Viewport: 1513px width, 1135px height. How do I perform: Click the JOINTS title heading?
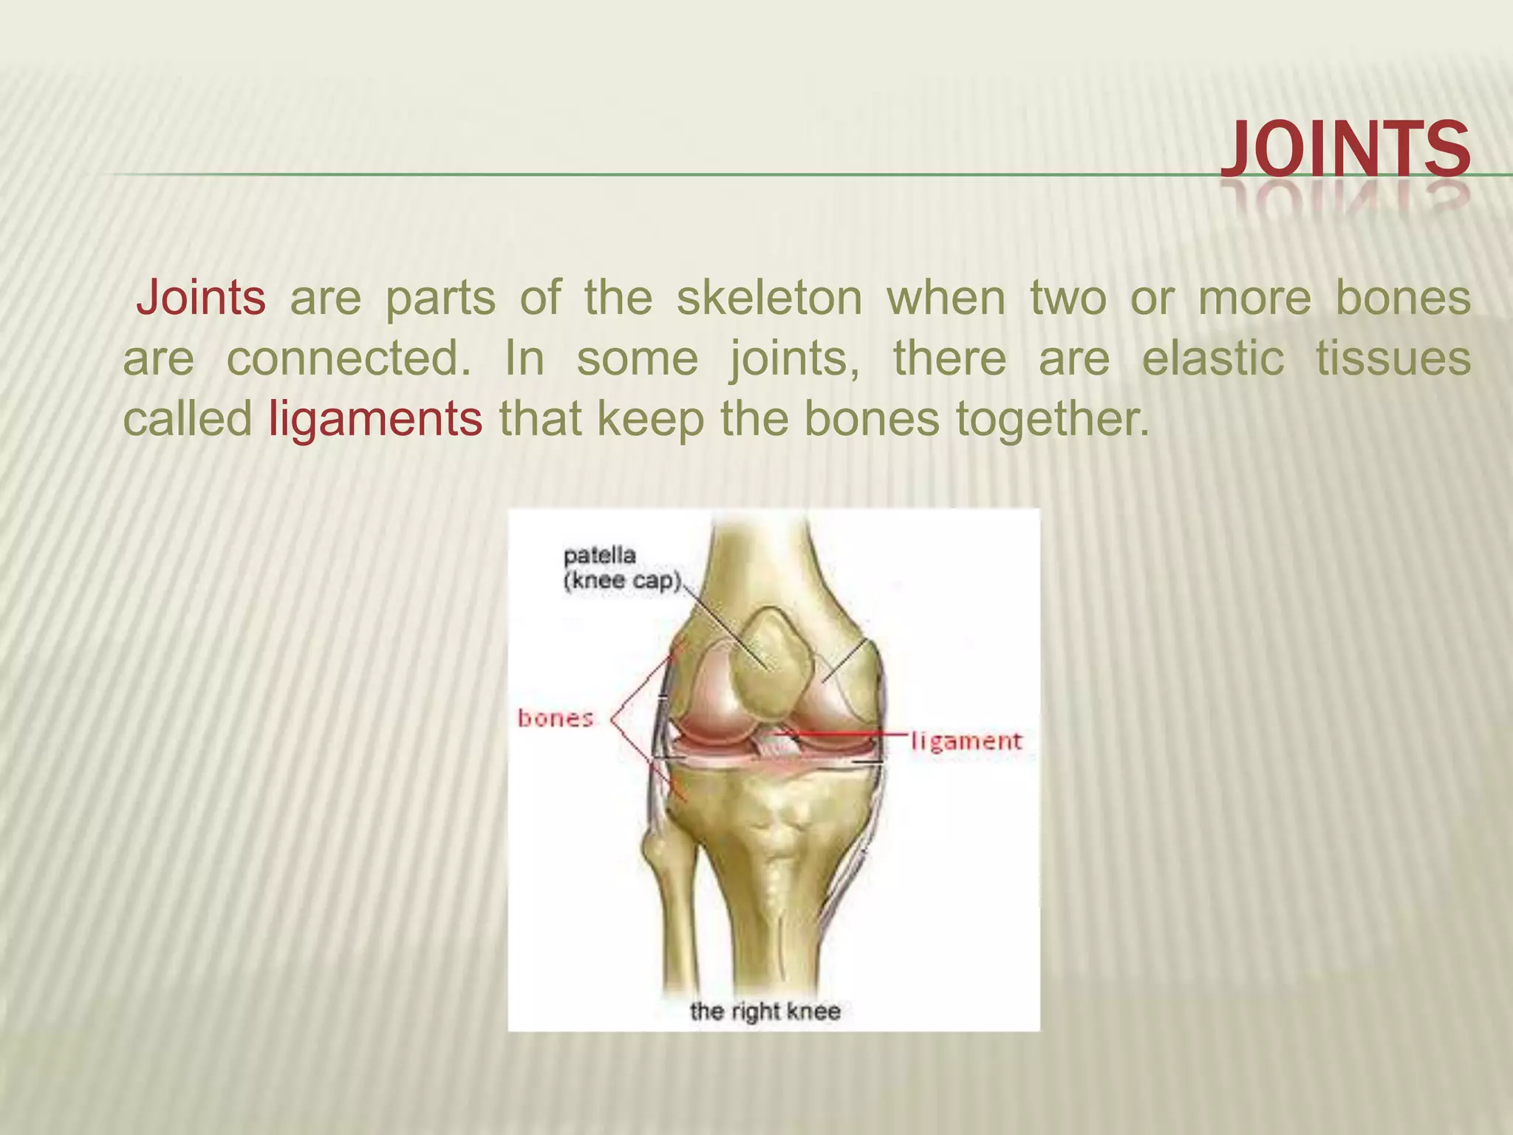tap(1345, 150)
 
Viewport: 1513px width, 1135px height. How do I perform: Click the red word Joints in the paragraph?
tap(201, 298)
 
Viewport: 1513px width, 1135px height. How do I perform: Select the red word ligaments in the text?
tap(375, 419)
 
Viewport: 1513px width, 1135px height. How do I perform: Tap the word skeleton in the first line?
tap(769, 298)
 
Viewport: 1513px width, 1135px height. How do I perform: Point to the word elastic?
tap(1212, 358)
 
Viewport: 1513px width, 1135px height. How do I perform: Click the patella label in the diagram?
tap(599, 555)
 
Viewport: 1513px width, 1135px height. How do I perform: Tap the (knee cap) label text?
tap(622, 581)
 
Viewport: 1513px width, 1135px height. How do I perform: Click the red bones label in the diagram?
tap(556, 718)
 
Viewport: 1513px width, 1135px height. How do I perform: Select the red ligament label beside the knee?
tap(966, 740)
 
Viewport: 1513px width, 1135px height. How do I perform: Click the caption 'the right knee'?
tap(765, 1011)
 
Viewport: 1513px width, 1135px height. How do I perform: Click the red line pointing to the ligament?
tap(850, 734)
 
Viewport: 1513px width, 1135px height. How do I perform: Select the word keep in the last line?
tap(650, 419)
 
